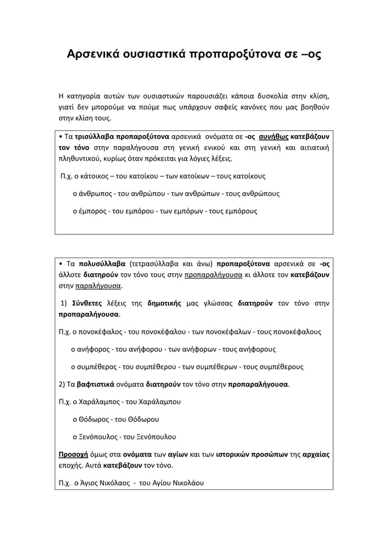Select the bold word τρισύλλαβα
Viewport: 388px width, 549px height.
tap(95, 136)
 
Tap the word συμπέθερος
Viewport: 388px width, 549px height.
tap(97, 367)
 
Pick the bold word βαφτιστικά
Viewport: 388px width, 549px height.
tap(100, 385)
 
